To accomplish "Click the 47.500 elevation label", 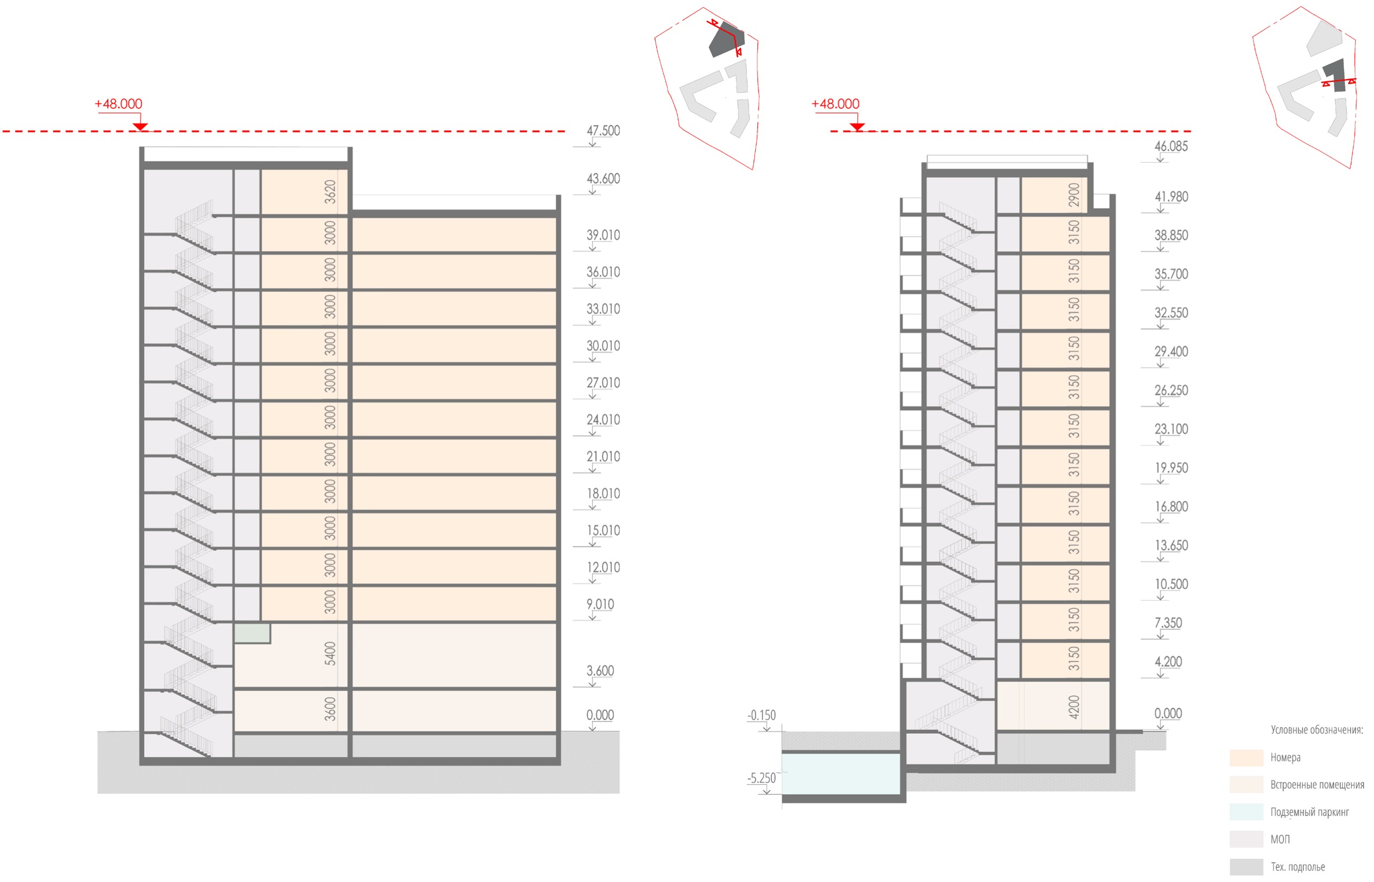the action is tap(603, 131).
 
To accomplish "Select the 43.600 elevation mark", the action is tap(603, 178).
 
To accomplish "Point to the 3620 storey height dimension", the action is tap(330, 192).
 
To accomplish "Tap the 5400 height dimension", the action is tap(330, 654).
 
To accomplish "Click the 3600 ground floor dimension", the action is tap(330, 709).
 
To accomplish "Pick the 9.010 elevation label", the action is tap(600, 604).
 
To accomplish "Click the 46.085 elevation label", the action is tap(1171, 146).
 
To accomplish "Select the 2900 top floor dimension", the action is tap(1074, 195).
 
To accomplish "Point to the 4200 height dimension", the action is tap(1074, 707).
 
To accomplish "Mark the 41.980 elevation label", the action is tap(1171, 197).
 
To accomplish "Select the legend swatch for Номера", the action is tap(1246, 758).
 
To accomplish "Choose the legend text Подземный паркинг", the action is tap(1310, 812).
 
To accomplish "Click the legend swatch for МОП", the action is tap(1246, 840).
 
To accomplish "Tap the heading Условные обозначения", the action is tap(1317, 730).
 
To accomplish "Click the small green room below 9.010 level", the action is tap(252, 633).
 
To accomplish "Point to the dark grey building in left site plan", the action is tap(725, 40).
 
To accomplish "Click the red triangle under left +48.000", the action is tap(140, 126).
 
